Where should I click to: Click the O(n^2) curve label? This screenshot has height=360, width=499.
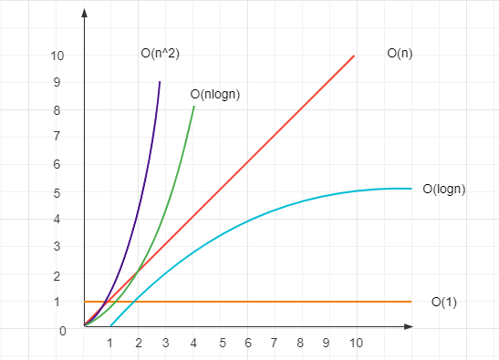click(160, 55)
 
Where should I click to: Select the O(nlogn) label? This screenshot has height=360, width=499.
click(215, 94)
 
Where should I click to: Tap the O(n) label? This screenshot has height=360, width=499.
click(400, 55)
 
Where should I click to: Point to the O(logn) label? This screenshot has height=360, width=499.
click(445, 190)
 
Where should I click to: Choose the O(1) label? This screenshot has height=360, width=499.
click(443, 302)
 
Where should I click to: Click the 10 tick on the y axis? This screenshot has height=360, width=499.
click(58, 56)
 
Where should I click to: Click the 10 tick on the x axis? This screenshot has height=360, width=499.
click(356, 343)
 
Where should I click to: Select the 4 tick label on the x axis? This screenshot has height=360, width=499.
click(192, 343)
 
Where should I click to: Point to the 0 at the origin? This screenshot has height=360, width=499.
click(63, 331)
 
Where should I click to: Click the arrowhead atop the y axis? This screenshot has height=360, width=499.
click(84, 14)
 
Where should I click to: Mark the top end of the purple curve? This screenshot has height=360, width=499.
click(160, 82)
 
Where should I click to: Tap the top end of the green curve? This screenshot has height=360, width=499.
click(194, 107)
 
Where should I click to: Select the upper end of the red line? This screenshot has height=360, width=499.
click(353, 56)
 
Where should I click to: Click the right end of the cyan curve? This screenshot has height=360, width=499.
click(411, 189)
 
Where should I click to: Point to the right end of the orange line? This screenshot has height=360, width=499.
click(411, 302)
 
